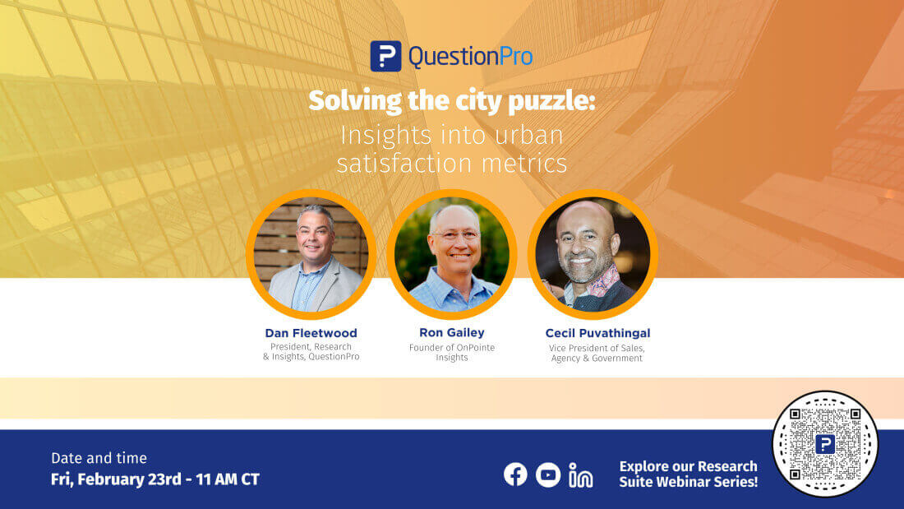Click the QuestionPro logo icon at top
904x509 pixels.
(x=385, y=56)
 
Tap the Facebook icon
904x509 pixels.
(x=515, y=474)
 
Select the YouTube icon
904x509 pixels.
(x=548, y=474)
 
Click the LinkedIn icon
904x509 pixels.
(x=581, y=475)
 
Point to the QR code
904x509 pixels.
(x=825, y=444)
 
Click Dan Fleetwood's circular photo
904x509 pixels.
(x=311, y=254)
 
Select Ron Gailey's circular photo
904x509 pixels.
(x=452, y=254)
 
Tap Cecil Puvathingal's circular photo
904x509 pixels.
(x=593, y=254)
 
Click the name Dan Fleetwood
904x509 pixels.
(x=311, y=333)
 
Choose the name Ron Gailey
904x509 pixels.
(x=452, y=333)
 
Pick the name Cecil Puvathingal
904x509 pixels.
(x=597, y=333)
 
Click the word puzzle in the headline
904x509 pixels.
(x=552, y=102)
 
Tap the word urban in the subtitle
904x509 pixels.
(x=528, y=134)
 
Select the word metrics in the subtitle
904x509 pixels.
(x=527, y=162)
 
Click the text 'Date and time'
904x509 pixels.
(x=99, y=458)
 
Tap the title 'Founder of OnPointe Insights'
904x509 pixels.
(x=452, y=353)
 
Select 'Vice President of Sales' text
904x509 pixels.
(x=597, y=348)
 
